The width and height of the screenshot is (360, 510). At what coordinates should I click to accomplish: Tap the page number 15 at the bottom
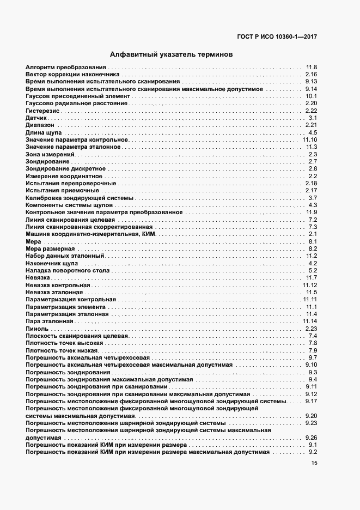(x=314, y=463)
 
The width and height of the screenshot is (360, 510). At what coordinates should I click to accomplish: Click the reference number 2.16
(x=311, y=74)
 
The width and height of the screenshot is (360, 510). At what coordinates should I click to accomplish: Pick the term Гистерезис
(x=41, y=111)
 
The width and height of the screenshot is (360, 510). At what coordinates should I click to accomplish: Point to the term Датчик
(x=36, y=118)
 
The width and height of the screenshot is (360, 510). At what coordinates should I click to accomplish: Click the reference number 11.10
(x=309, y=140)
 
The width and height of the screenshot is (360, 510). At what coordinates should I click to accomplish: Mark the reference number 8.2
(x=313, y=248)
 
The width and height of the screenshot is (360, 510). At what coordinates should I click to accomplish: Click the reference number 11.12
(x=309, y=285)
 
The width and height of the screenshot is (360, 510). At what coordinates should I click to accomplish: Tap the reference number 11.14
(x=309, y=321)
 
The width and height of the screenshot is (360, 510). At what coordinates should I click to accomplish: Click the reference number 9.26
(x=311, y=438)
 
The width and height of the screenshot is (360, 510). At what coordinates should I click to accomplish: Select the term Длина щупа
(x=44, y=133)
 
